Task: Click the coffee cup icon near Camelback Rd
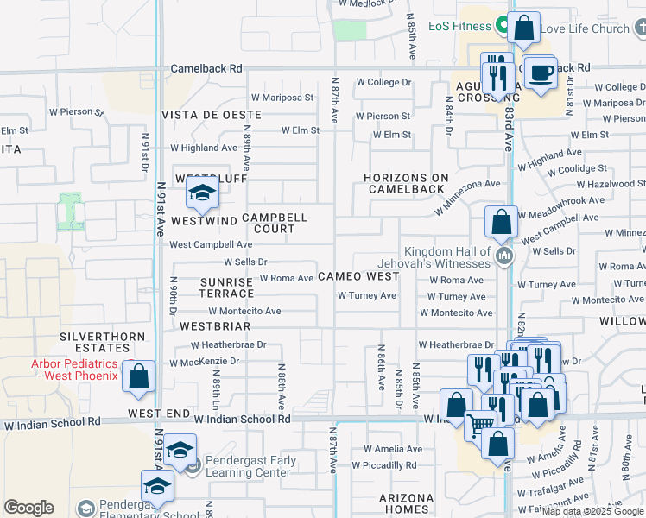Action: pyautogui.click(x=541, y=73)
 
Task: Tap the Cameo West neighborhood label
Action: pyautogui.click(x=358, y=276)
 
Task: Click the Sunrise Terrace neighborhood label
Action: pyautogui.click(x=226, y=287)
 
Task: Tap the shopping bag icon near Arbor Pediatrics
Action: pyautogui.click(x=138, y=377)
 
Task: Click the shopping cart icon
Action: pyautogui.click(x=480, y=424)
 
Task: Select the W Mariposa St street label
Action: pyautogui.click(x=282, y=98)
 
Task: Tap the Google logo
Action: pyautogui.click(x=28, y=508)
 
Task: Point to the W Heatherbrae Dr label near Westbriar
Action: pyautogui.click(x=229, y=344)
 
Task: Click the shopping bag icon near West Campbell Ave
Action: pyautogui.click(x=501, y=223)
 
